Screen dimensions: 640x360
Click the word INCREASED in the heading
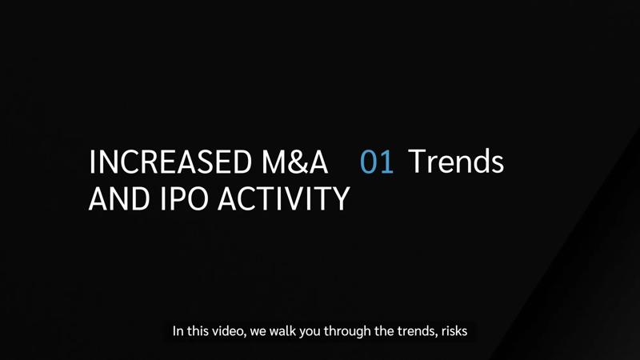pos(170,162)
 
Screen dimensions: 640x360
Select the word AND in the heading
pos(118,198)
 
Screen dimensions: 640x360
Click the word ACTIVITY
pos(284,198)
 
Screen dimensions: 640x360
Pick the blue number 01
pos(376,162)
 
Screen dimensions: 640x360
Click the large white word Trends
pos(456,162)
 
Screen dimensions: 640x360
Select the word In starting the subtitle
pos(178,330)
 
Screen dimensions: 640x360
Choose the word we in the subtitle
pos(258,332)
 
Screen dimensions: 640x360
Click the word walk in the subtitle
pos(283,330)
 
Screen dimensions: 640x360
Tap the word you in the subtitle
pos(310,332)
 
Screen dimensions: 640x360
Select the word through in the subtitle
pos(347,331)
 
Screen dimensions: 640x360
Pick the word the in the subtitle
pos(384,330)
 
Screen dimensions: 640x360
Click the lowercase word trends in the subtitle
pos(416,331)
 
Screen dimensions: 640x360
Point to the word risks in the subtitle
pos(454,330)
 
